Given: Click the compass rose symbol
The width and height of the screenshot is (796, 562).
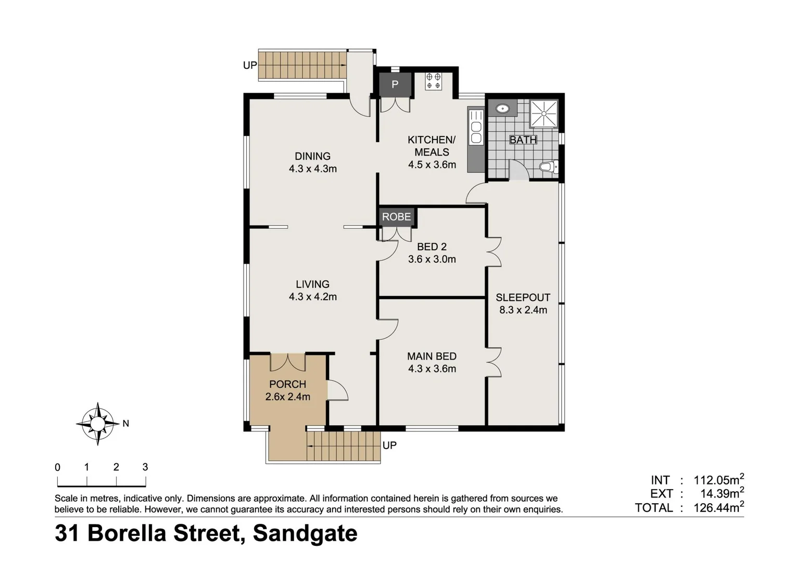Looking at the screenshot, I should pos(98,424).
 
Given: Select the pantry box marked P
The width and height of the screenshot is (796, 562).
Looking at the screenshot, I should pos(395,84).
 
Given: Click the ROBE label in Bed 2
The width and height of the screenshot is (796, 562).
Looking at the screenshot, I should pos(396,216).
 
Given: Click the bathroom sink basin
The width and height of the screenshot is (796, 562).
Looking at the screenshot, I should pos(502,109).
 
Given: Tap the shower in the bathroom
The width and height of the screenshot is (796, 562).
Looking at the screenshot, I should pos(544,113).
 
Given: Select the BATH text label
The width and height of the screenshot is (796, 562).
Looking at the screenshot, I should pos(523,140).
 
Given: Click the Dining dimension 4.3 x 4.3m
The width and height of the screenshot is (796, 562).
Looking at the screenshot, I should pos(312,169).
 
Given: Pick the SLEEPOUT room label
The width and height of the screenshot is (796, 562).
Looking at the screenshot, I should pos(523,298).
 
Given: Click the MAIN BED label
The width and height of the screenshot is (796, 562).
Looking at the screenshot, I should pos(432,356).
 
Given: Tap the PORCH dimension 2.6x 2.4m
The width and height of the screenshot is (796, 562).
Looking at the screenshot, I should pos(287,397).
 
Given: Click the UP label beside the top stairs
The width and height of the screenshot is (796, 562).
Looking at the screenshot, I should pos(250,66).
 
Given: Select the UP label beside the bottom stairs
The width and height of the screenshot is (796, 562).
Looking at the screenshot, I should pos(389,445).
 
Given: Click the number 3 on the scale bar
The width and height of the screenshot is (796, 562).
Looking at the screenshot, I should pos(145,467).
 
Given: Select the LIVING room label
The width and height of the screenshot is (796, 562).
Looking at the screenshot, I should pos(312,284).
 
